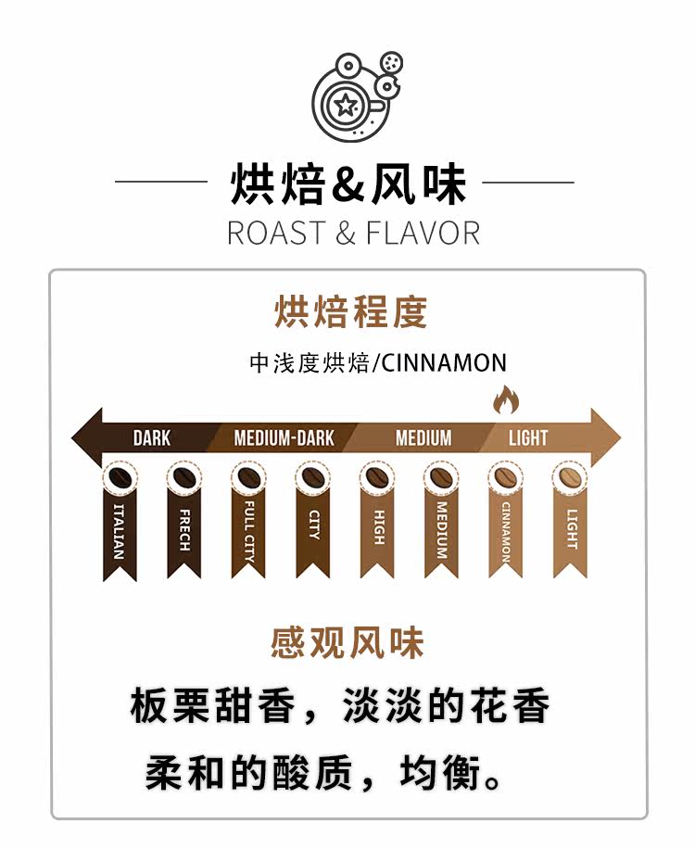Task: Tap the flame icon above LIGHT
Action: tap(505, 400)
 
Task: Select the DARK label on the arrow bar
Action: tap(152, 437)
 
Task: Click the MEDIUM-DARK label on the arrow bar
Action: tap(284, 437)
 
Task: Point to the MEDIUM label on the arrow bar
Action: tap(423, 437)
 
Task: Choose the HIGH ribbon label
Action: tap(377, 526)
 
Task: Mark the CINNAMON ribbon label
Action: tap(505, 533)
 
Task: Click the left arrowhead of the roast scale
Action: tap(86, 437)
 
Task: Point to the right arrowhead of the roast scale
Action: tap(608, 437)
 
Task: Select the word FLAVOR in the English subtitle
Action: tap(423, 233)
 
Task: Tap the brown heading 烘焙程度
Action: tap(349, 312)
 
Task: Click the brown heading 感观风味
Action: tap(347, 642)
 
